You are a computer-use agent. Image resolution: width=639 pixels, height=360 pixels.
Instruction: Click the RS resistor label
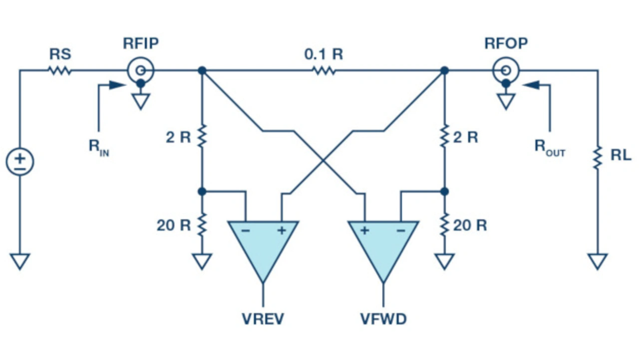point(60,53)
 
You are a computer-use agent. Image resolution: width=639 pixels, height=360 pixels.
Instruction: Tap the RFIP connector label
point(141,43)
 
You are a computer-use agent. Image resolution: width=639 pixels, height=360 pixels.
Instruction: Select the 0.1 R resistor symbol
point(323,71)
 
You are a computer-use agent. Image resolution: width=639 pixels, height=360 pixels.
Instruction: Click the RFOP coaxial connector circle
point(505,70)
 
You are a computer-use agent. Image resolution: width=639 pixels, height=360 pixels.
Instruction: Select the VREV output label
point(263,319)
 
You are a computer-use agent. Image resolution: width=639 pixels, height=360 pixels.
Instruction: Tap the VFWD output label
point(383,319)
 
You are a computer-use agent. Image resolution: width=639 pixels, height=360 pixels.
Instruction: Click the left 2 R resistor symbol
point(202,136)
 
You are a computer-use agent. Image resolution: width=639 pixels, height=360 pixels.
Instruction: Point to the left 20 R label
point(173,225)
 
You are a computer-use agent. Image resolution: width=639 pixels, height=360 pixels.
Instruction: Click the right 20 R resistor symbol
point(444,225)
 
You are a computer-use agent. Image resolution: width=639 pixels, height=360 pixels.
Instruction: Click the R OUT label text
point(550,147)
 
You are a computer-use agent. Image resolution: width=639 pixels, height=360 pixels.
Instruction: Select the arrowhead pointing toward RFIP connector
point(118,85)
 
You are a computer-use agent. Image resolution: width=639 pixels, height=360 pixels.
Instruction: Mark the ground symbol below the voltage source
point(20,261)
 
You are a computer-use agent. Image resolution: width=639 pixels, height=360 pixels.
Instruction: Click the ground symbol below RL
point(597,261)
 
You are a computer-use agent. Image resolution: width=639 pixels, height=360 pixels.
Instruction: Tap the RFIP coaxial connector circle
point(141,70)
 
